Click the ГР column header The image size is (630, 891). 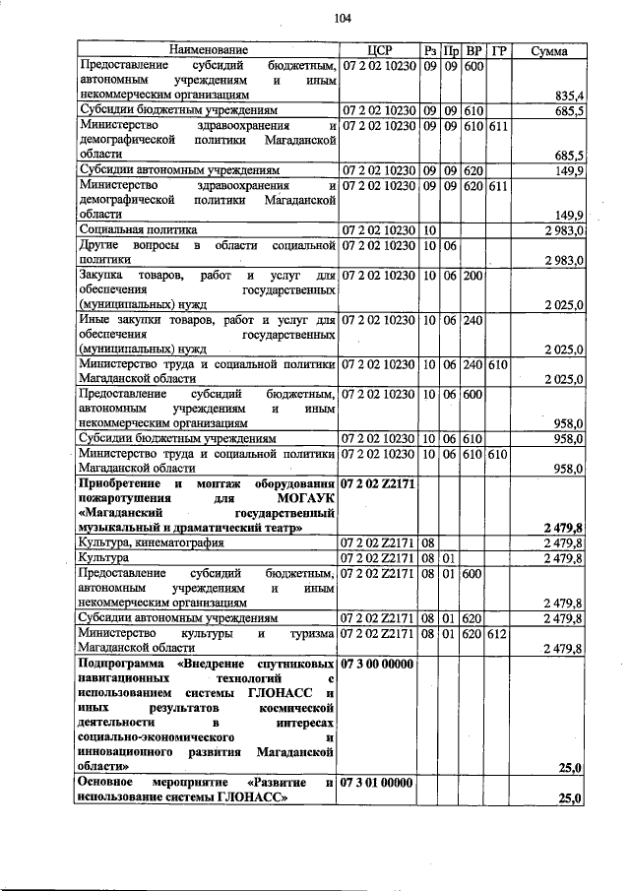[499, 50]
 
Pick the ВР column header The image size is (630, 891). [473, 50]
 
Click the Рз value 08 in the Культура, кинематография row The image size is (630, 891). [429, 542]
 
